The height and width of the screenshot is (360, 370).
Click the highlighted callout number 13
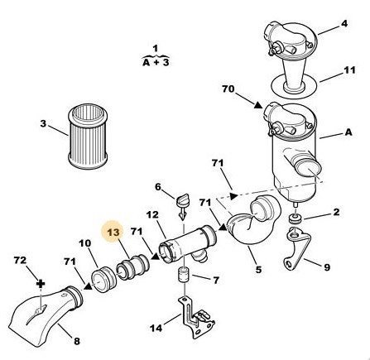click(x=113, y=233)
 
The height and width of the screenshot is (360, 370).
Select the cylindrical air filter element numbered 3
click(x=88, y=137)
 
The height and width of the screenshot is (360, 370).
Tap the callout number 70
click(x=228, y=89)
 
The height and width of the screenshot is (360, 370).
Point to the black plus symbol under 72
click(x=41, y=284)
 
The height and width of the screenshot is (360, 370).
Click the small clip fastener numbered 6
click(x=181, y=204)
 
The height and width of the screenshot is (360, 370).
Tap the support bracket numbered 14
click(x=197, y=316)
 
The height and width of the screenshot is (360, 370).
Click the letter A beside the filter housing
click(x=348, y=132)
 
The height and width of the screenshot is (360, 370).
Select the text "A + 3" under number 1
click(x=156, y=63)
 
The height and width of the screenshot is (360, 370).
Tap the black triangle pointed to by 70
click(x=258, y=105)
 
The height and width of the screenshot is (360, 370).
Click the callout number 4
click(x=344, y=23)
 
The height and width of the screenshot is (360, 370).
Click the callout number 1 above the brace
click(x=156, y=49)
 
